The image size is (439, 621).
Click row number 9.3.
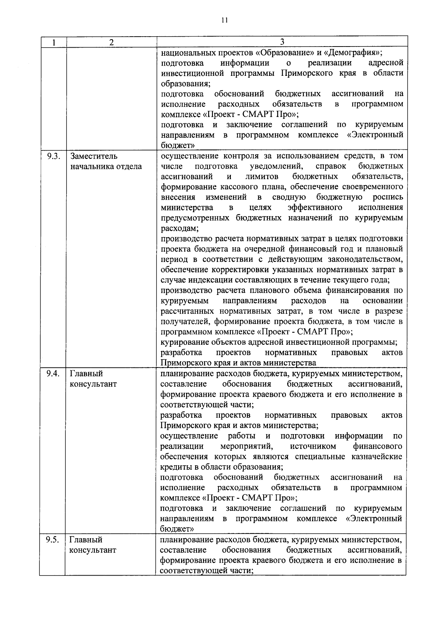53,156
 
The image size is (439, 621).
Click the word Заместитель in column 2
94,156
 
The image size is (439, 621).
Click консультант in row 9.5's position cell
93,550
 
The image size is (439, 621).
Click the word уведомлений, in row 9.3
276,166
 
